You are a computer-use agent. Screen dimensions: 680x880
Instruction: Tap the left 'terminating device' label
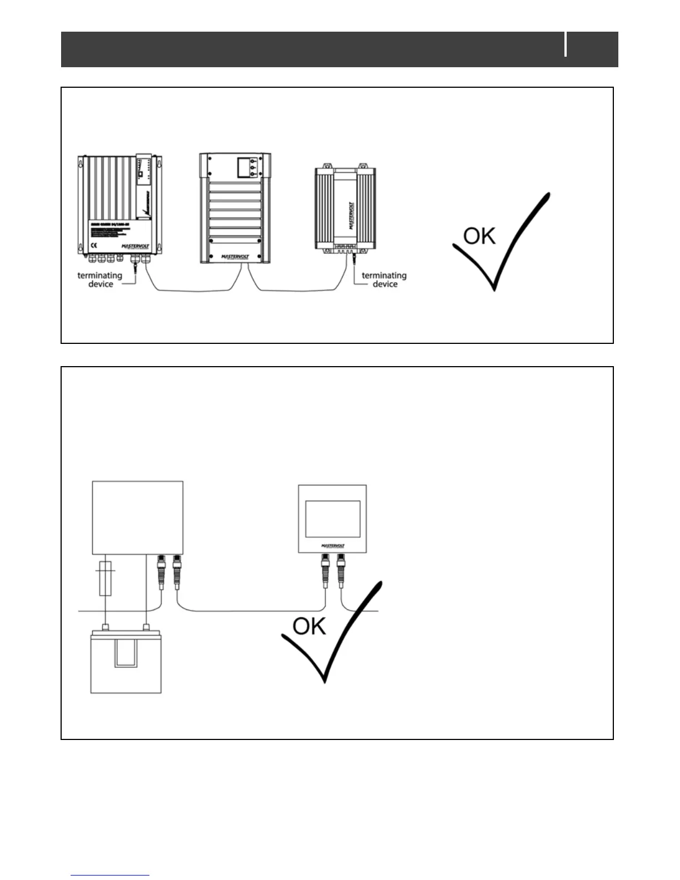tap(100, 279)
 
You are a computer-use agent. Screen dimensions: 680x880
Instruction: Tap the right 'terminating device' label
tap(384, 279)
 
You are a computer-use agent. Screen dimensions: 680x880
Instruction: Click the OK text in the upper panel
tap(479, 236)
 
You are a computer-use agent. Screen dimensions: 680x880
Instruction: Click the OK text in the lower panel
tap(309, 626)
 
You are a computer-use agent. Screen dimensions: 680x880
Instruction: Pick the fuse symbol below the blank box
tap(105, 578)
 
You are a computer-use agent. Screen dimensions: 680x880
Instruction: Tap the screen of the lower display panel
tap(333, 519)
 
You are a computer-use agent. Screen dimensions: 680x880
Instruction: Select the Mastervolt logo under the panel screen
tap(333, 546)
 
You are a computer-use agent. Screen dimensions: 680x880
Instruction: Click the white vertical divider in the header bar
tap(566, 44)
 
